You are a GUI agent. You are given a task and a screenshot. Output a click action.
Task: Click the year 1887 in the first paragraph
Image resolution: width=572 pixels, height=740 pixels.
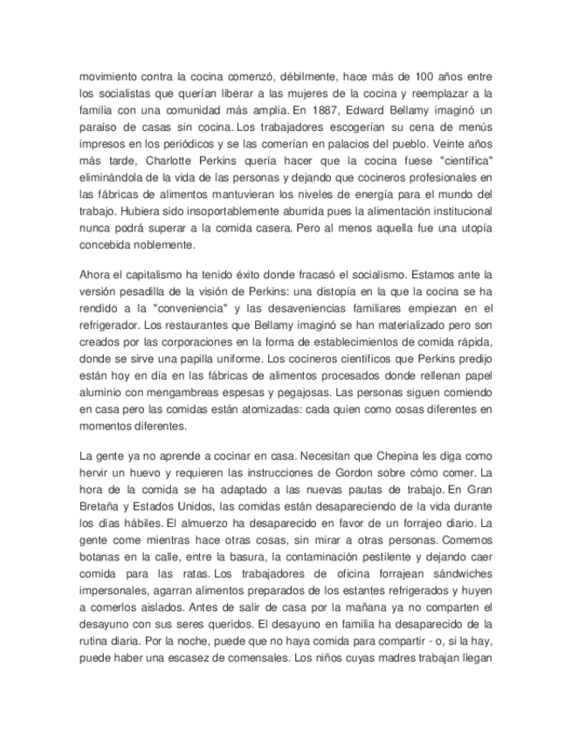(x=320, y=112)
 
